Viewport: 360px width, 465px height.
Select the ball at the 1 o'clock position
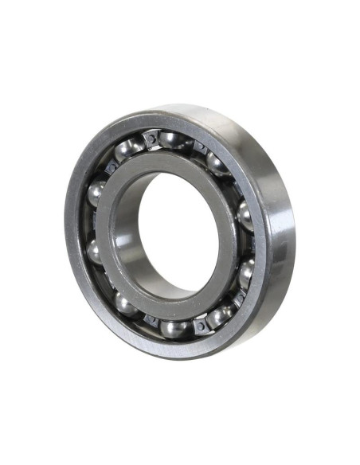tap(217, 162)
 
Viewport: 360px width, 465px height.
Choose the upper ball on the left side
tap(96, 192)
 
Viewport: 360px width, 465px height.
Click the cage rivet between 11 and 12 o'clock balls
tap(152, 139)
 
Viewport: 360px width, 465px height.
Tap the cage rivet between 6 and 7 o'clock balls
tap(150, 320)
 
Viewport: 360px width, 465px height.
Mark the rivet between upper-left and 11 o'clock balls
tap(110, 168)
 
